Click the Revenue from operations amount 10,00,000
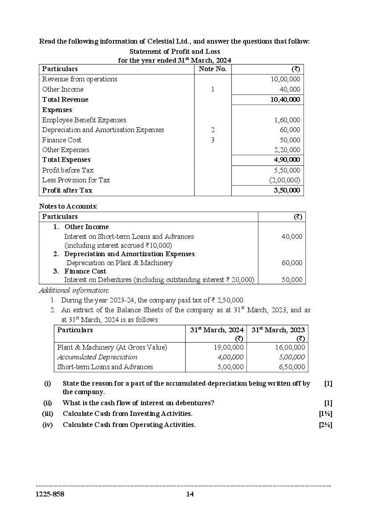pyautogui.click(x=285, y=79)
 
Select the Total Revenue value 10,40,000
pyautogui.click(x=285, y=100)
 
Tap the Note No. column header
pyautogui.click(x=212, y=69)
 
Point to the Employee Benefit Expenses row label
pyautogui.click(x=84, y=120)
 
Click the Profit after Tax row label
pyautogui.click(x=67, y=190)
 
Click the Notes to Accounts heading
pyautogui.click(x=68, y=206)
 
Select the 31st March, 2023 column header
pyautogui.click(x=278, y=330)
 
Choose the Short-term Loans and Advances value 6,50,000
pyautogui.click(x=291, y=367)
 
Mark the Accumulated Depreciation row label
pyautogui.click(x=97, y=357)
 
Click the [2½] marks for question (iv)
pyautogui.click(x=325, y=425)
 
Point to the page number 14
pyautogui.click(x=190, y=494)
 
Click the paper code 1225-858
pyautogui.click(x=50, y=494)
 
